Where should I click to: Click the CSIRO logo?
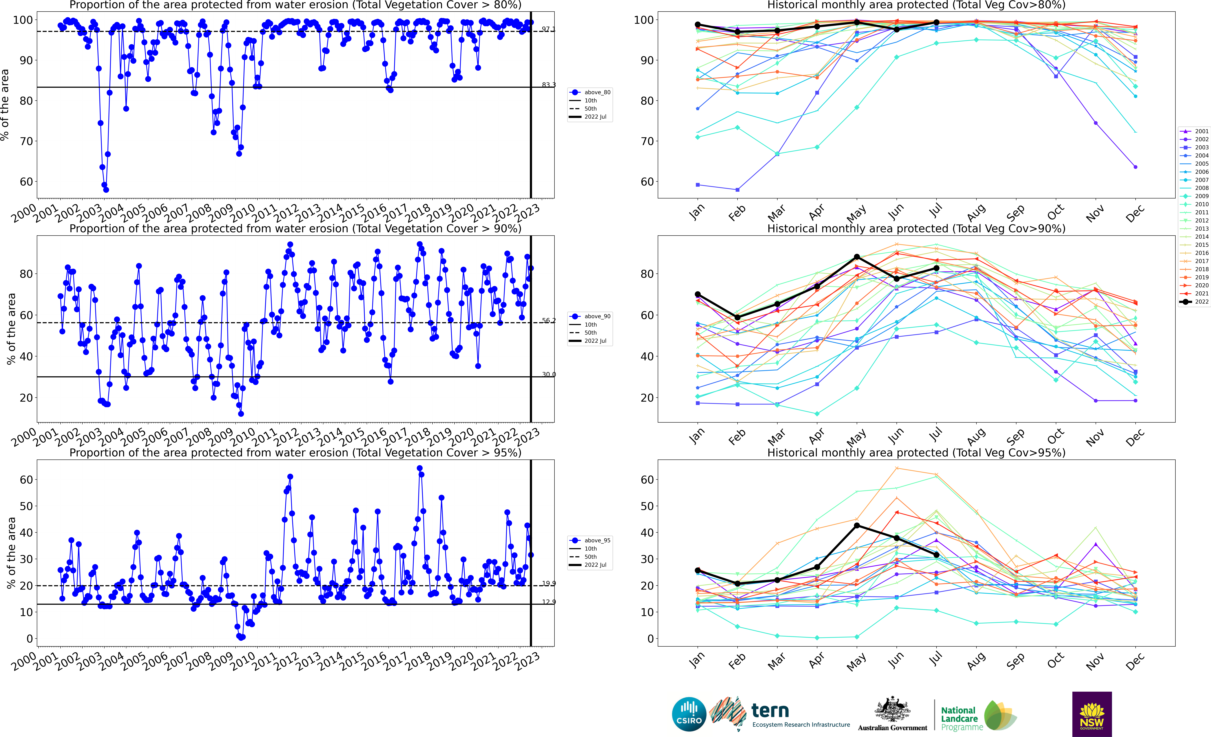point(689,714)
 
